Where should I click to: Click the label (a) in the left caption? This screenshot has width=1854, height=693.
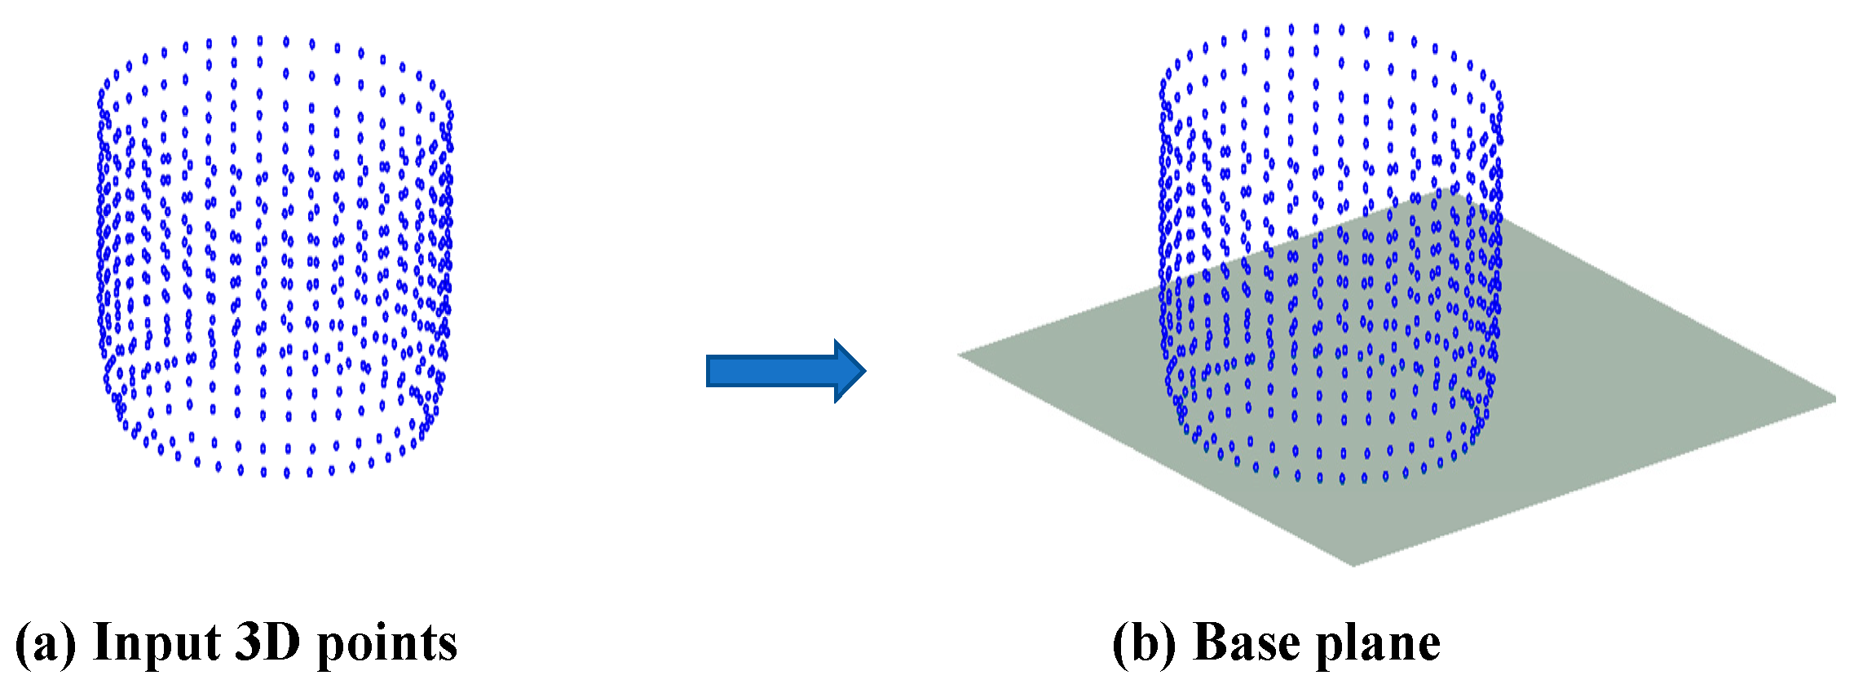point(46,643)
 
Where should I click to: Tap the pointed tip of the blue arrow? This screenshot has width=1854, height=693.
point(865,371)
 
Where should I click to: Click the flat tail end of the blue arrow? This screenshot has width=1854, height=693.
point(708,371)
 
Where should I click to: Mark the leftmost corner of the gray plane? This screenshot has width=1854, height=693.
point(958,355)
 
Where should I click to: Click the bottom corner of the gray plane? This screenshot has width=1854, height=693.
point(1353,566)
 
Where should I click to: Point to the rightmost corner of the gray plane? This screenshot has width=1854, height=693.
point(1836,399)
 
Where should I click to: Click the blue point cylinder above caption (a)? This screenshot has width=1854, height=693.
point(275,256)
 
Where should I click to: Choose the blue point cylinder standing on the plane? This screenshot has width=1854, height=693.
point(1331,254)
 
